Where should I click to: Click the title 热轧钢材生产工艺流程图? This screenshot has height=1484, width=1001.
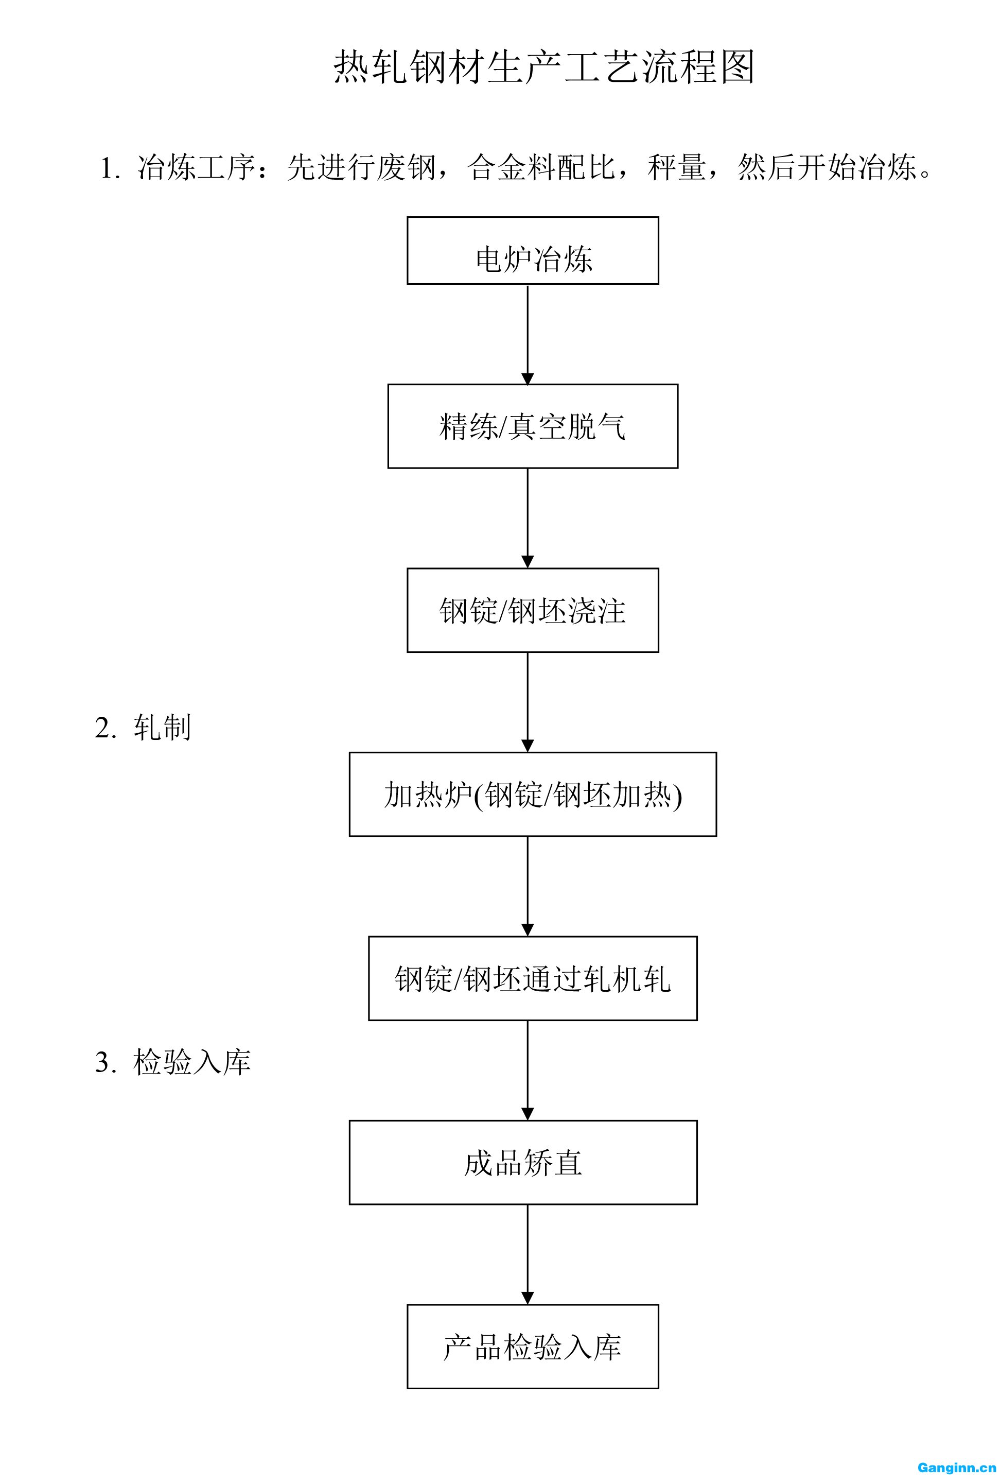544,67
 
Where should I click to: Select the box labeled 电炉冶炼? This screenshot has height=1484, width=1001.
533,250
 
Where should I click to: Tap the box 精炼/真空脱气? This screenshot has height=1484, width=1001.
533,426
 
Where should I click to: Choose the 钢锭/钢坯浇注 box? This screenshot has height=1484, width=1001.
533,610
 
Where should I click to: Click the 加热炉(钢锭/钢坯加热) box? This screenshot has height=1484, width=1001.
533,793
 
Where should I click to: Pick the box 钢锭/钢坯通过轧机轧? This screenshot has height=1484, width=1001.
533,978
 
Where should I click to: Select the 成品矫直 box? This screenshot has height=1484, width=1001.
523,1162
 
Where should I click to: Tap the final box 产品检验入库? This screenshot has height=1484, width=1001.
533,1346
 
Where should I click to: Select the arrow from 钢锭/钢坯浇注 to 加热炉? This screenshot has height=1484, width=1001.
528,702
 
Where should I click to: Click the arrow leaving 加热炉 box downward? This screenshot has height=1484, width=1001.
528,886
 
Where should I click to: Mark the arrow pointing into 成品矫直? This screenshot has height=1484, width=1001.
528,1069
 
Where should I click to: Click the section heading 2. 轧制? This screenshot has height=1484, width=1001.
143,727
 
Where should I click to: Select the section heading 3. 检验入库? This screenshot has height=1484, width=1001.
173,1062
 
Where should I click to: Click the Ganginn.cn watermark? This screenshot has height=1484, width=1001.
956,1468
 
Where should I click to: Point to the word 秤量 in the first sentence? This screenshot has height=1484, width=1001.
677,168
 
